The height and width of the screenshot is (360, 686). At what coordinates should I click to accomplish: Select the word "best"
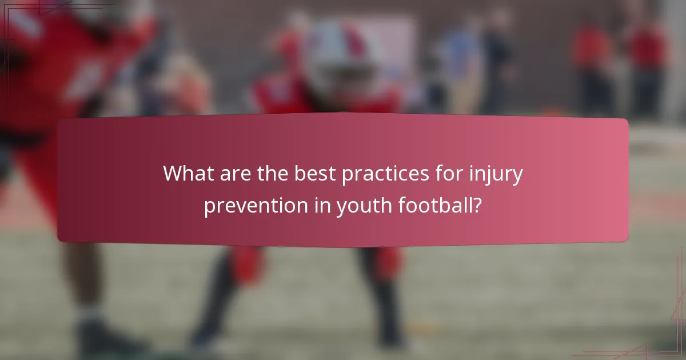click(314, 173)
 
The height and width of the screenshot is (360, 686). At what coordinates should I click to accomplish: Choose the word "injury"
click(496, 174)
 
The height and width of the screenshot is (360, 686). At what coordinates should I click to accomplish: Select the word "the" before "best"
click(273, 173)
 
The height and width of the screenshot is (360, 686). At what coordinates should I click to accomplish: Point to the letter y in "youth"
click(342, 208)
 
